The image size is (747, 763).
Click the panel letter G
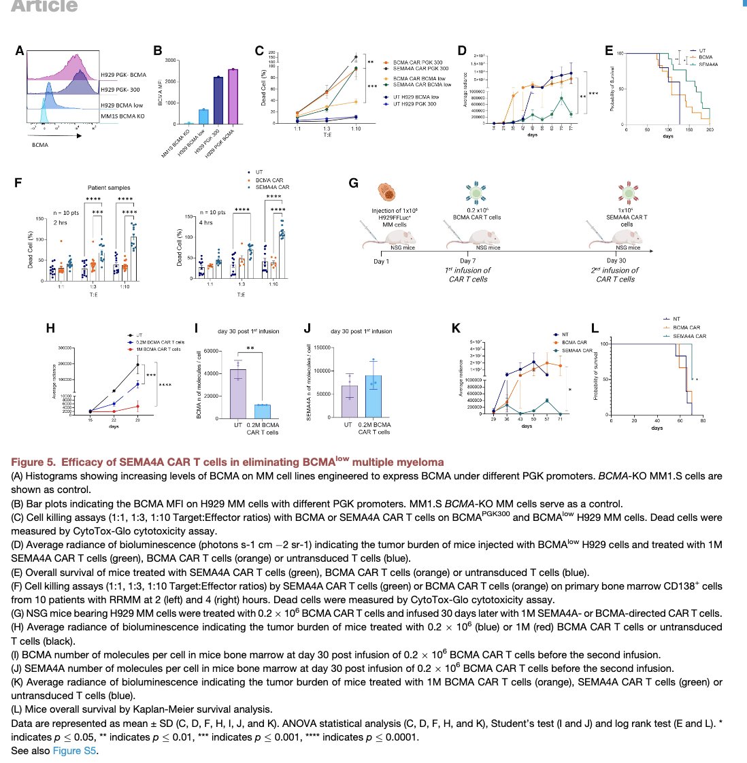tap(353, 183)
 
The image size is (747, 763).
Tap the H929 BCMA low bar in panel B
tap(203, 117)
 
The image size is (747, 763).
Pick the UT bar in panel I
tap(238, 393)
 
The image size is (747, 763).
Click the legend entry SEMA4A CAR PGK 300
tap(420, 69)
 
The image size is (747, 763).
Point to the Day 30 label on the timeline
tap(615, 260)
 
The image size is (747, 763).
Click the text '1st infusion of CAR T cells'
tap(468, 274)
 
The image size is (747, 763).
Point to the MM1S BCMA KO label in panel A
tap(122, 117)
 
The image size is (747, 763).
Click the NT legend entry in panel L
tap(676, 319)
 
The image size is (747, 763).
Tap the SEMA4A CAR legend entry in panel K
tap(578, 350)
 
